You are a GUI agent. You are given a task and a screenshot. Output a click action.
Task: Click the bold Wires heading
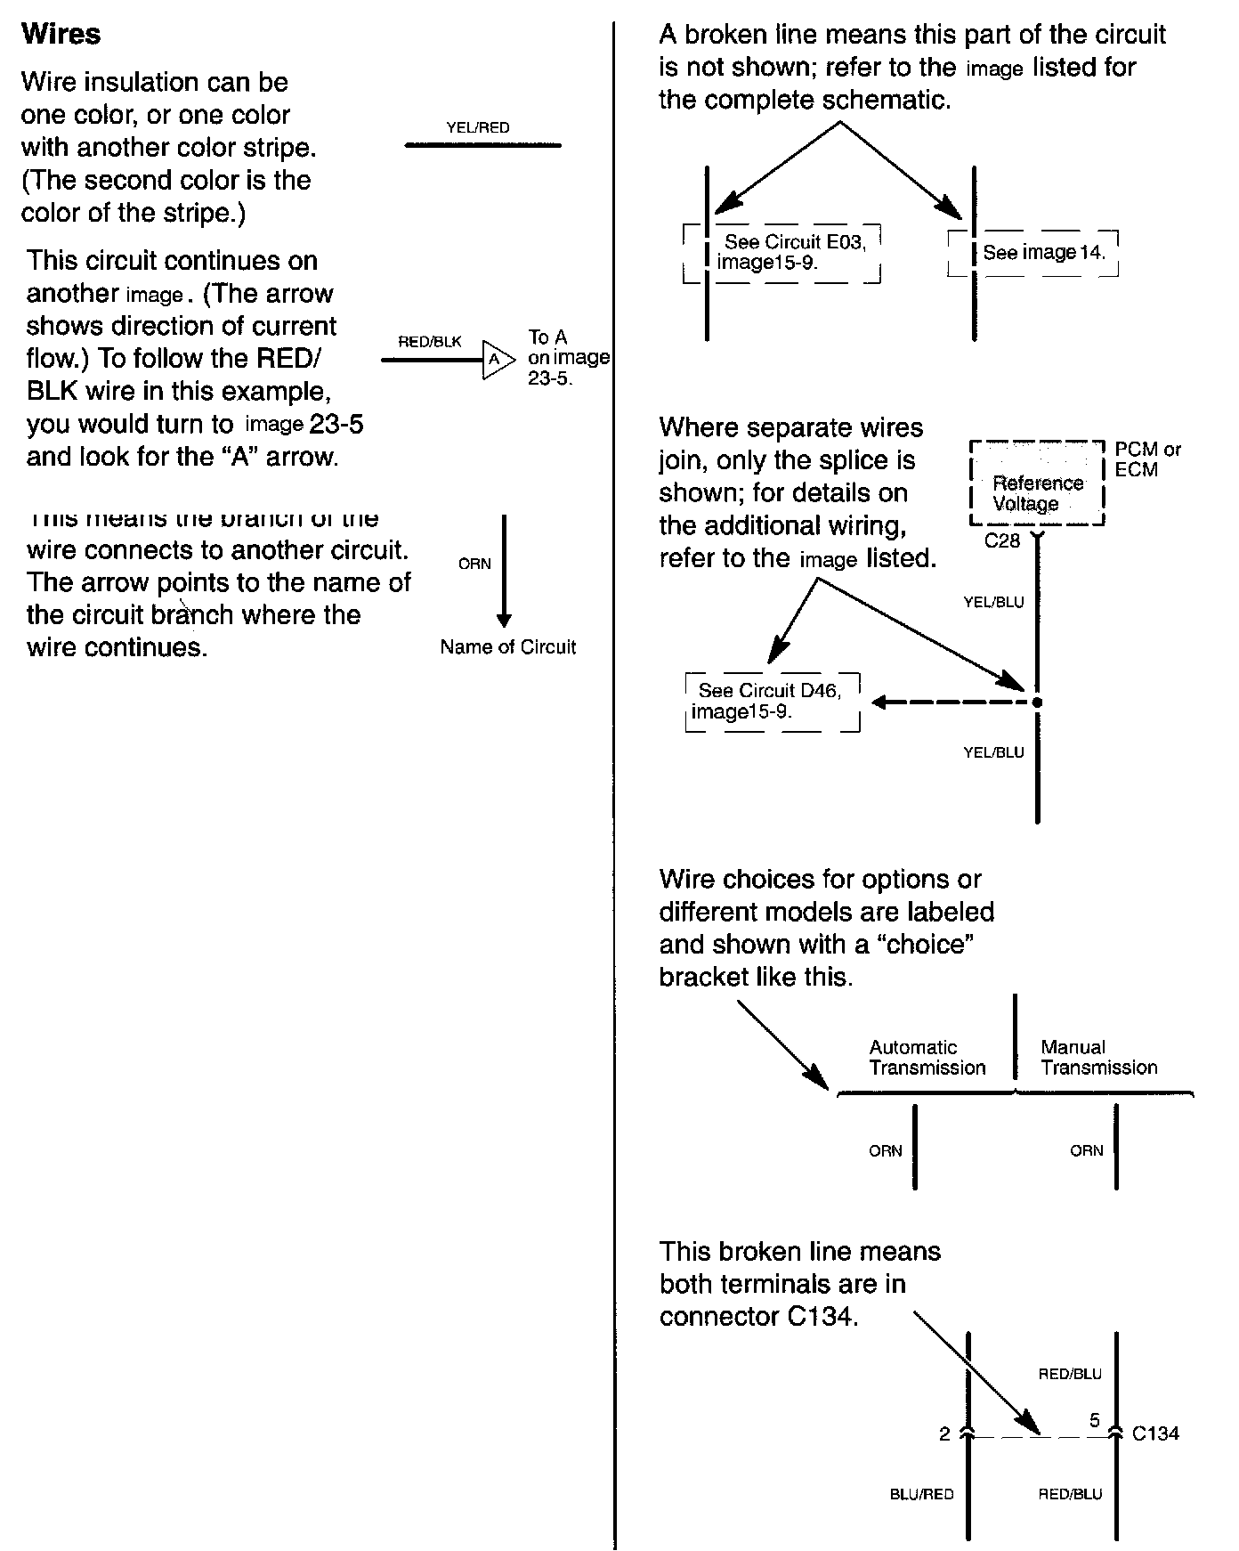pos(61,34)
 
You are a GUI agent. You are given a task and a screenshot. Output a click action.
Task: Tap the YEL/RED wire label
pos(478,128)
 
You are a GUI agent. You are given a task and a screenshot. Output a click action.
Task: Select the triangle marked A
pos(497,360)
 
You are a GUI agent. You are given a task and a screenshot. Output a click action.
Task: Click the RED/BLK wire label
pos(430,342)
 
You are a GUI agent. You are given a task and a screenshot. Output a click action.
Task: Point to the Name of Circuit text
pos(507,647)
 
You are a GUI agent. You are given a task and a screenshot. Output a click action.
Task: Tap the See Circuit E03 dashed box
pos(781,253)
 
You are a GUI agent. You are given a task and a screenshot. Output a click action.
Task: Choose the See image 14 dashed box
pos(1033,253)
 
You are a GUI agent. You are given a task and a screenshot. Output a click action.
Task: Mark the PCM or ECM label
pos(1147,459)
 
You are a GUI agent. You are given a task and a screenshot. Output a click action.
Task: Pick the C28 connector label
pos(1002,540)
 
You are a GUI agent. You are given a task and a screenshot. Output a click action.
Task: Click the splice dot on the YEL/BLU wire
pos(1037,702)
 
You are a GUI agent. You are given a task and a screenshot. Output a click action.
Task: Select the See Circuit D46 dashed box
pos(773,702)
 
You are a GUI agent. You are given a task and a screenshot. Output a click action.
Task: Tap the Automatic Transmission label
pos(927,1058)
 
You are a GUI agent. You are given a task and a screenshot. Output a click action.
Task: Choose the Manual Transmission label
pos(1098,1058)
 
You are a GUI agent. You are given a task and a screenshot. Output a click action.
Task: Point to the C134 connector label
pos(1155,1433)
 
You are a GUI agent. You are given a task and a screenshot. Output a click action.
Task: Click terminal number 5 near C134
pos(1095,1421)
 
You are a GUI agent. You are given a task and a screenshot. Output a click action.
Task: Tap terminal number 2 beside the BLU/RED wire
pos(944,1434)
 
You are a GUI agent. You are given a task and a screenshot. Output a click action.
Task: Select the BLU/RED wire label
pos(921,1494)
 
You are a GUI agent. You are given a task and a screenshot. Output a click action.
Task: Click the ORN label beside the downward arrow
pos(474,564)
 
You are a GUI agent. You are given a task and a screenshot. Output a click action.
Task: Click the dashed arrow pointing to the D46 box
pos(952,702)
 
